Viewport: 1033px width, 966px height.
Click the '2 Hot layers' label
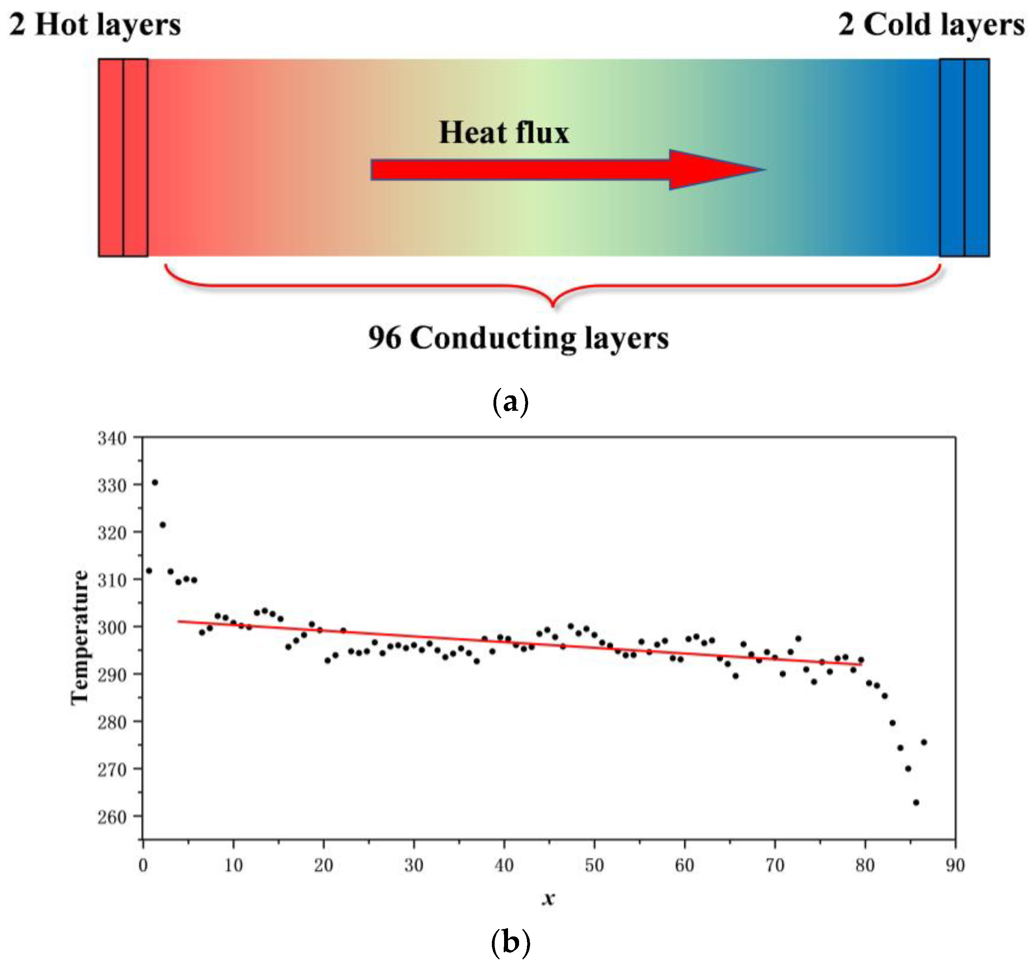coord(95,25)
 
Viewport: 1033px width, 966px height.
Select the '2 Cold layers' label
coord(931,25)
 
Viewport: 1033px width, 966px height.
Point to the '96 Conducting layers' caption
coord(518,338)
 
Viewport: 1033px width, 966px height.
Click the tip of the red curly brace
coord(553,306)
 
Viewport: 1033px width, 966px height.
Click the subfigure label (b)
coord(510,942)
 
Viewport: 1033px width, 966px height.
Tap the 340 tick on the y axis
coord(112,438)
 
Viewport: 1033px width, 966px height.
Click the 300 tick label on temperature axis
coord(112,628)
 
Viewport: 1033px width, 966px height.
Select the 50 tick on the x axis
coord(594,865)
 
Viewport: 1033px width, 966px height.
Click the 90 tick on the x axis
coord(955,865)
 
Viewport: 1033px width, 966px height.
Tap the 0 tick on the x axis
coord(143,865)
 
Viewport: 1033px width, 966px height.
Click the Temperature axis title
coord(80,638)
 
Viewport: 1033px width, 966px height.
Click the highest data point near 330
coord(155,483)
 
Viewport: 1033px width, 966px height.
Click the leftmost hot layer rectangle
coord(111,158)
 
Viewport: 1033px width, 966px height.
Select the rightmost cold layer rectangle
coord(976,158)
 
